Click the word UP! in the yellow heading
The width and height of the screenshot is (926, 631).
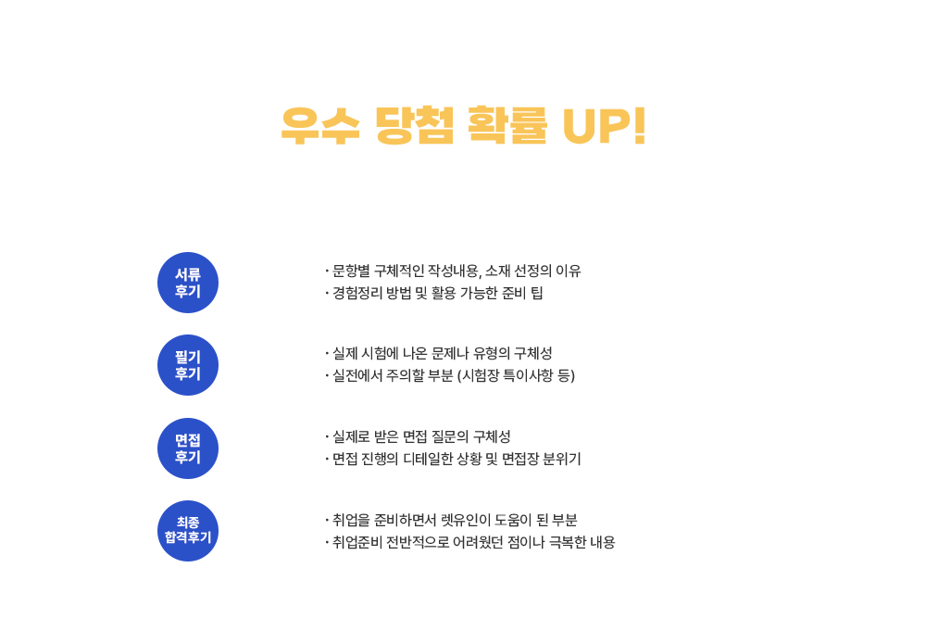pos(604,125)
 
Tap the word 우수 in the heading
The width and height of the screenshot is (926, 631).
pos(320,125)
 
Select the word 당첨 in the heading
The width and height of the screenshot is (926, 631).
pos(415,125)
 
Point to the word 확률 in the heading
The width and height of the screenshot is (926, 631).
pos(507,125)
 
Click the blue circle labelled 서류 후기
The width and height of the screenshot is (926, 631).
pos(188,283)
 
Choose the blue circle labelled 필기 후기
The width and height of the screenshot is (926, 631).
pos(188,365)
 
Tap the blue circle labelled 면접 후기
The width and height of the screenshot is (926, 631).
pos(188,448)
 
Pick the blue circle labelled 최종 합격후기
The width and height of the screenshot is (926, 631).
pos(188,531)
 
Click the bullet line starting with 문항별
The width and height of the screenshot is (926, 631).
pos(453,271)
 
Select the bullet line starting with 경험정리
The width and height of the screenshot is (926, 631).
pos(433,293)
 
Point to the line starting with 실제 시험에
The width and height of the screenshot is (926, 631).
pos(438,353)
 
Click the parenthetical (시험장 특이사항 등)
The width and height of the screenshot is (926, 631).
pos(516,376)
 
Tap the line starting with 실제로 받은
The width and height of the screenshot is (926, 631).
pos(418,436)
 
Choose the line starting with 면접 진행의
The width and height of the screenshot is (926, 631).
pos(453,459)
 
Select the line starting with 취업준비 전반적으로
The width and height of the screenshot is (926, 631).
pos(470,542)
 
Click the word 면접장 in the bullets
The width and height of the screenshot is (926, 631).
pos(520,459)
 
